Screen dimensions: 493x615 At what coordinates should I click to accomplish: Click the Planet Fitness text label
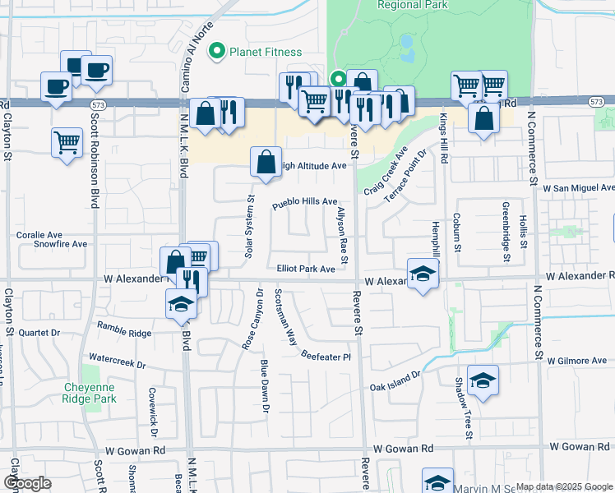coord(266,52)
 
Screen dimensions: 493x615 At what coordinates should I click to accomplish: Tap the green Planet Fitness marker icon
coord(217,52)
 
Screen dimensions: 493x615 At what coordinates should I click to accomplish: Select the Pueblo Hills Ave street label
coord(305,201)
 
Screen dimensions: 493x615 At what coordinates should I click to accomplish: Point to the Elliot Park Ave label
coord(306,269)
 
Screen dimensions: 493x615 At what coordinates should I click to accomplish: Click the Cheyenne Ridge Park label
coord(91,393)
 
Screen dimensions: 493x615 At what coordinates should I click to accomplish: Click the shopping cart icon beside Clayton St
coord(67,141)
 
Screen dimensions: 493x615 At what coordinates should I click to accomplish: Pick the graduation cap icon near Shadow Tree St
coord(483,380)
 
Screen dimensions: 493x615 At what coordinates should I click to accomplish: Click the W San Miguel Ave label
coord(578,188)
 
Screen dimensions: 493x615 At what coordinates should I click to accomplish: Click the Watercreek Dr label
coord(116,361)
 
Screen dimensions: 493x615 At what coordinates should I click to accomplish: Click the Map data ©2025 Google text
coord(563,486)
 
